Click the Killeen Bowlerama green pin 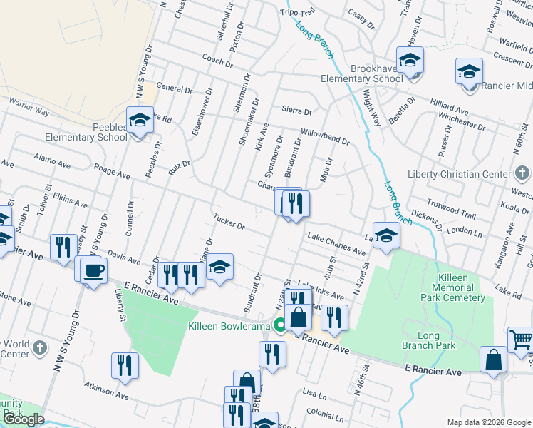tap(281, 326)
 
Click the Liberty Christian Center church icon tap(522, 174)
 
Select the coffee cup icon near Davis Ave tap(93, 270)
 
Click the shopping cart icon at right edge tap(521, 340)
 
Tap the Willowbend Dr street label tap(325, 136)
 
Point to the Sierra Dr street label tap(297, 111)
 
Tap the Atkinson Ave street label tap(107, 392)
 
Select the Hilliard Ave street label tap(449, 108)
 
